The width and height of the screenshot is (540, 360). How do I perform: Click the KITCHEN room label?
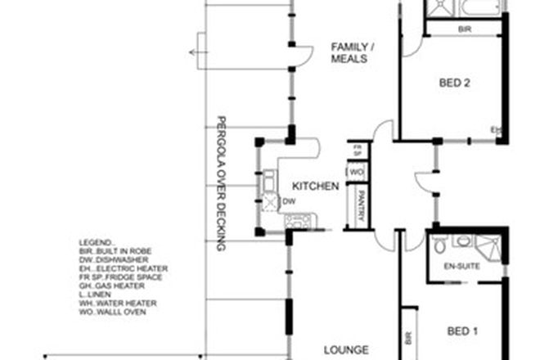pos(315,187)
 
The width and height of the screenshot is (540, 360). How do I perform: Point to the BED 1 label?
pos(463,331)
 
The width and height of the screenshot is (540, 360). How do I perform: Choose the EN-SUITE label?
pos(461,266)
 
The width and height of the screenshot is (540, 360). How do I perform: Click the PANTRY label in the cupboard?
pos(357,206)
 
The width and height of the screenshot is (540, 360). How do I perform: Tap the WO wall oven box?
pos(356,173)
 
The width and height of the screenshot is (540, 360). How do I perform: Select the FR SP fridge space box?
pos(356,151)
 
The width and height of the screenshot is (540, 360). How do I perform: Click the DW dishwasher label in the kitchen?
pos(288,200)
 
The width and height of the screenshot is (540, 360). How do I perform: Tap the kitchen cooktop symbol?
pos(296,220)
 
